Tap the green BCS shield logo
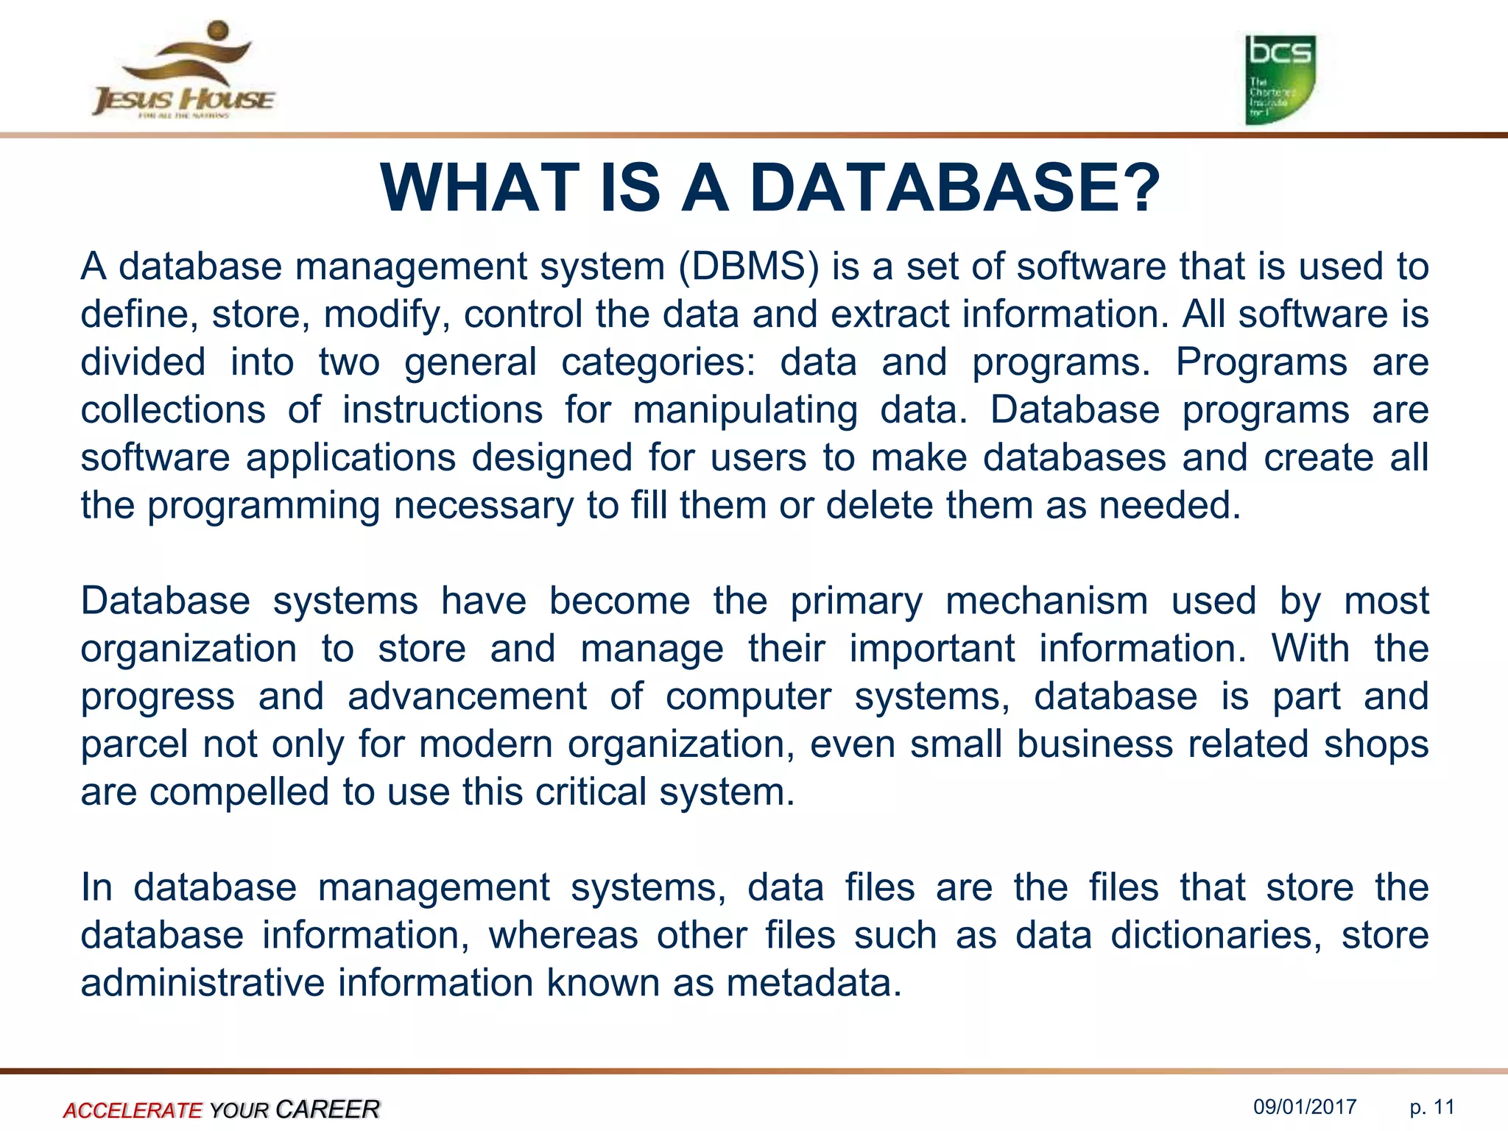tap(1280, 80)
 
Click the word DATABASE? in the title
tap(955, 188)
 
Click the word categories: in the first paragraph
tap(658, 362)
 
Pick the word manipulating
tap(745, 410)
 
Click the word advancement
tap(467, 697)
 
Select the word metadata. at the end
tap(814, 983)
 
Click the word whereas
tap(563, 935)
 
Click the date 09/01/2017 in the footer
tap(1305, 1107)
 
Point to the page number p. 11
tap(1432, 1107)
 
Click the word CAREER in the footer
tap(328, 1109)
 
